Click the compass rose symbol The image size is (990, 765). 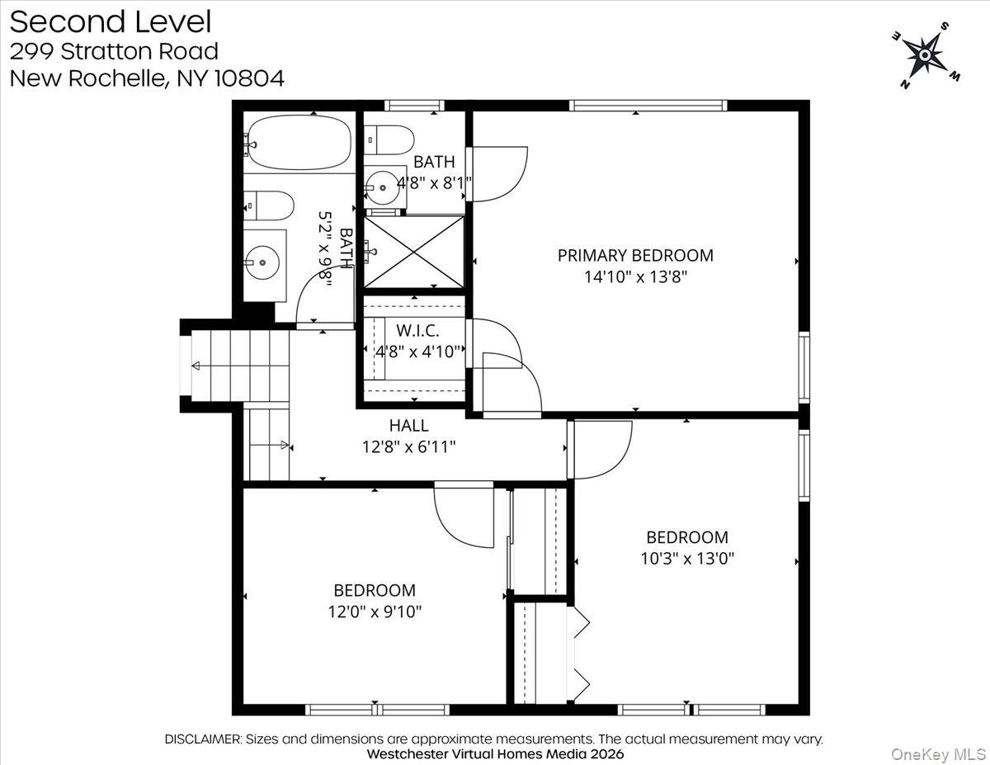click(x=925, y=55)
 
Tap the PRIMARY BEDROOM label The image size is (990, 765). click(x=635, y=255)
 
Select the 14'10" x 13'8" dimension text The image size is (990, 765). click(x=635, y=277)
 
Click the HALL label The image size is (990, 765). click(x=409, y=426)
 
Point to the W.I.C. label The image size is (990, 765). click(x=417, y=330)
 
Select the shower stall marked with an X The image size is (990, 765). click(x=414, y=251)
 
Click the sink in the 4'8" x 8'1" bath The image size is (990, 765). click(x=384, y=187)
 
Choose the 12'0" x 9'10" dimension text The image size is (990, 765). click(x=375, y=612)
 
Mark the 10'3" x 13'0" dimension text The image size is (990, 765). click(x=687, y=559)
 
